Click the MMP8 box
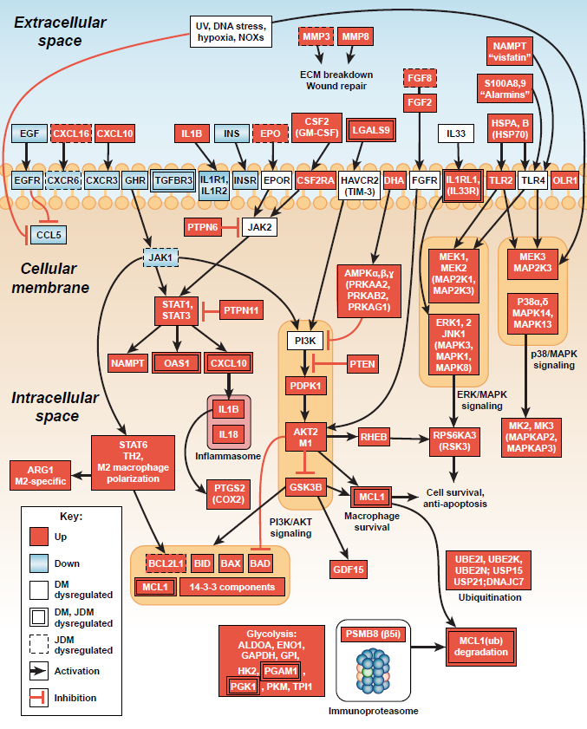click(x=355, y=36)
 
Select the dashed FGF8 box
click(x=418, y=79)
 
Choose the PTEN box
click(x=362, y=364)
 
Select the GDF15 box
click(x=348, y=569)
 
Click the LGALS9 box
click(x=371, y=131)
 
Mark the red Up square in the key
click(x=38, y=537)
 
